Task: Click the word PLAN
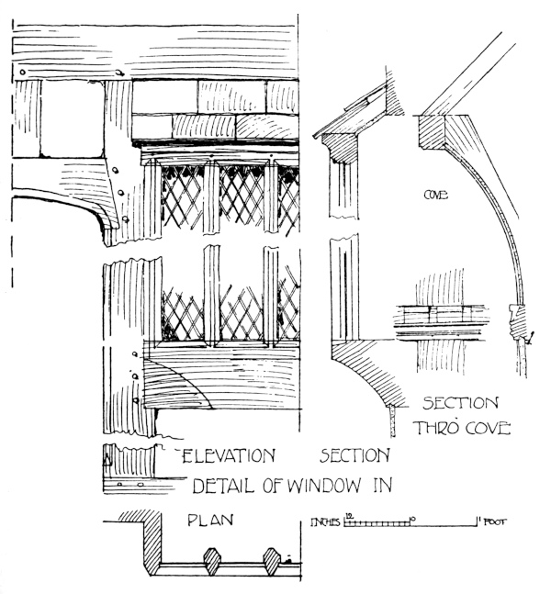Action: [210, 520]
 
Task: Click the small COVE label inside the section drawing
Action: [434, 195]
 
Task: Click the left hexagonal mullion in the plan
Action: [211, 560]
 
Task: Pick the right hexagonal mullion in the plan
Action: [272, 560]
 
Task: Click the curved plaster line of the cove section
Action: [507, 230]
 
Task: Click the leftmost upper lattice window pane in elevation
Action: [182, 197]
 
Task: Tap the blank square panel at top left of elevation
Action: [72, 123]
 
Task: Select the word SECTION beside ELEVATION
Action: [356, 454]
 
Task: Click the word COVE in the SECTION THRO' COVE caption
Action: [481, 428]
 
